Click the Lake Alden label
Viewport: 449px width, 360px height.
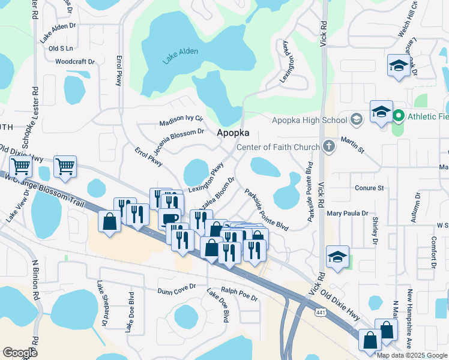180,57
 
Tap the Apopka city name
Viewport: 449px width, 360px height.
232,133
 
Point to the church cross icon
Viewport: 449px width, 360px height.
328,146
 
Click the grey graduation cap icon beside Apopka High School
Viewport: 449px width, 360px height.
357,119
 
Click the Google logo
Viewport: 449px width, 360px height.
20,352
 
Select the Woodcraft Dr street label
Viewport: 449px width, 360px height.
75,61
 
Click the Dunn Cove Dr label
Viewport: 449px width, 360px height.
176,289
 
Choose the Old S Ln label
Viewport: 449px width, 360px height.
61,48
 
